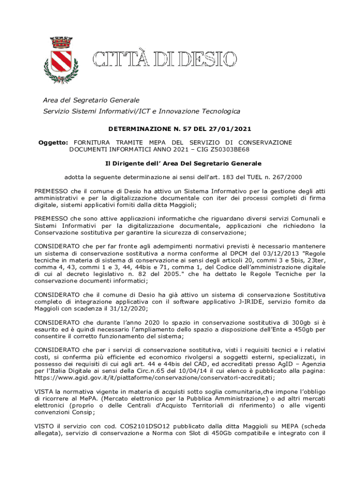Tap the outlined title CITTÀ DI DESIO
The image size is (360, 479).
[164, 60]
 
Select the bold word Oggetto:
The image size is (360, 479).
[53, 142]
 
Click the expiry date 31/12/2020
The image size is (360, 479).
[130, 309]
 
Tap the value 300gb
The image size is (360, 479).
[295, 323]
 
